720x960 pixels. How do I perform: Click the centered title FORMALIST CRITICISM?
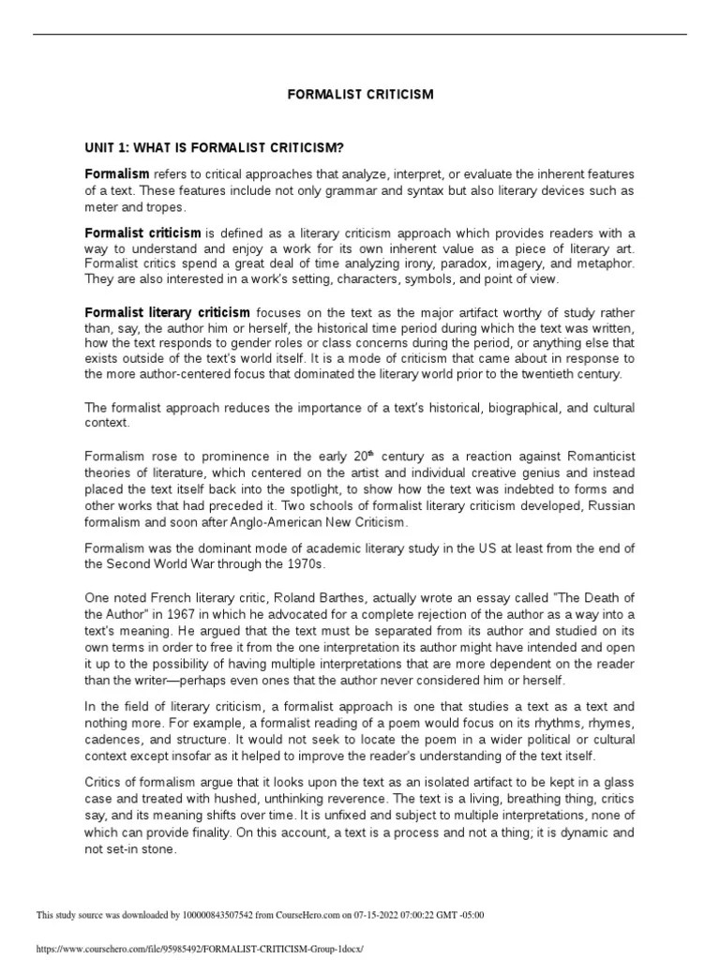click(x=360, y=96)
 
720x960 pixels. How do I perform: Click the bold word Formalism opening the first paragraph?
click(x=117, y=174)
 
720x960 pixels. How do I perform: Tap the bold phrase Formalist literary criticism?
click(x=168, y=311)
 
